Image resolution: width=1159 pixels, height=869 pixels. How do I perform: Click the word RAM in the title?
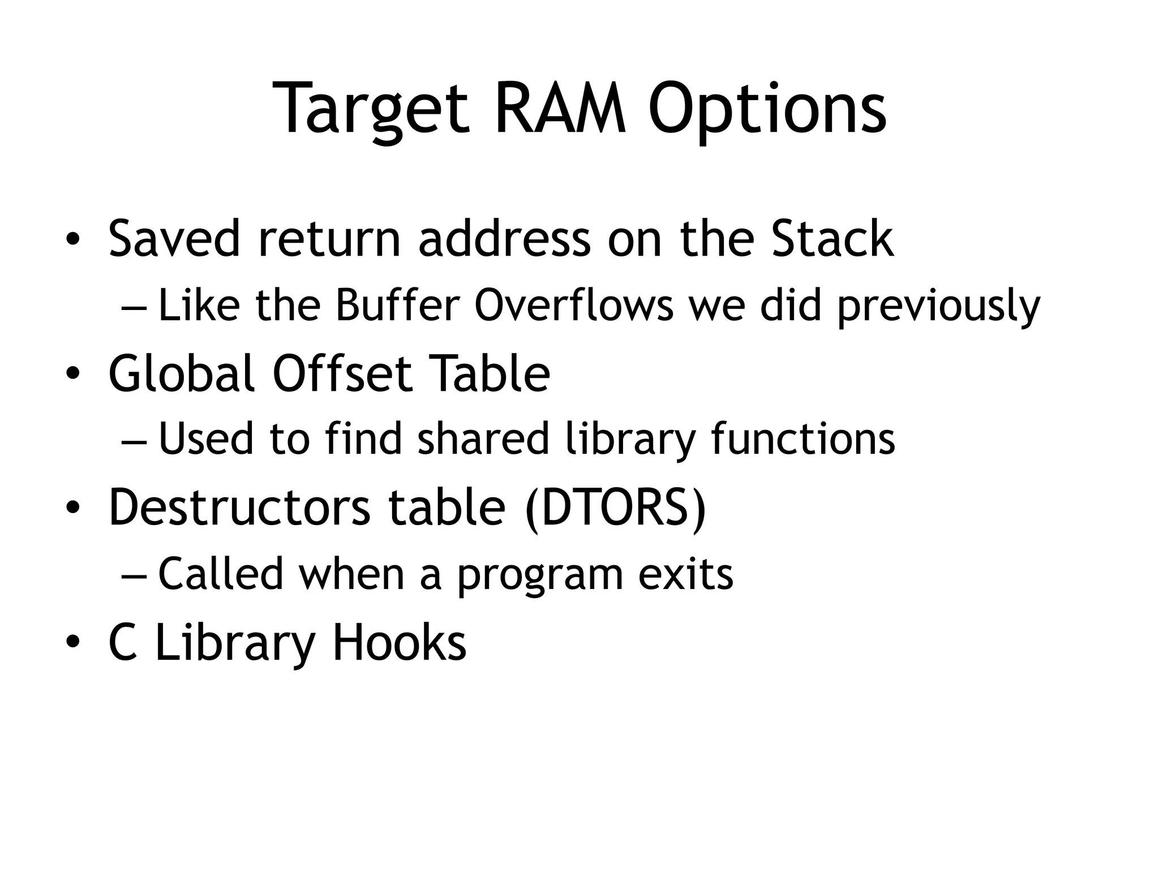pyautogui.click(x=561, y=109)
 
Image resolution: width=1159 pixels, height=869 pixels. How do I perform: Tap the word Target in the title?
pyautogui.click(x=371, y=109)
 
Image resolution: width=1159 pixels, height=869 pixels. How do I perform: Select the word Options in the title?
pyautogui.click(x=767, y=109)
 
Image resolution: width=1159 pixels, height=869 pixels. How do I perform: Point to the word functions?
pyautogui.click(x=803, y=440)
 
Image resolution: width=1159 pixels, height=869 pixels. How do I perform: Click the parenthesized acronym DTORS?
pyautogui.click(x=616, y=507)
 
